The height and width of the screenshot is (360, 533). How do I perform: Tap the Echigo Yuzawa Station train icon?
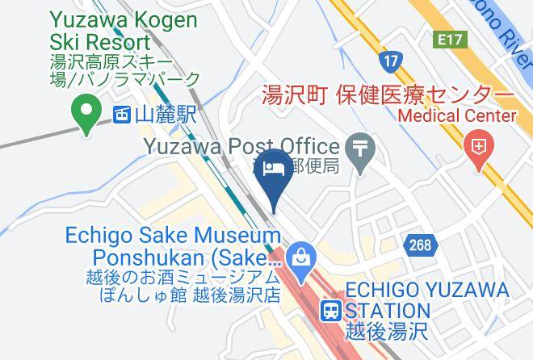tap(331, 310)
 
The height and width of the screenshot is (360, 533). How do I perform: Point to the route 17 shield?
tap(391, 60)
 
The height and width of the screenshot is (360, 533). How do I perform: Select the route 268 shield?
tap(420, 245)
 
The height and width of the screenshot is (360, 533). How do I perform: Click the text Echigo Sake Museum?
tap(173, 237)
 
